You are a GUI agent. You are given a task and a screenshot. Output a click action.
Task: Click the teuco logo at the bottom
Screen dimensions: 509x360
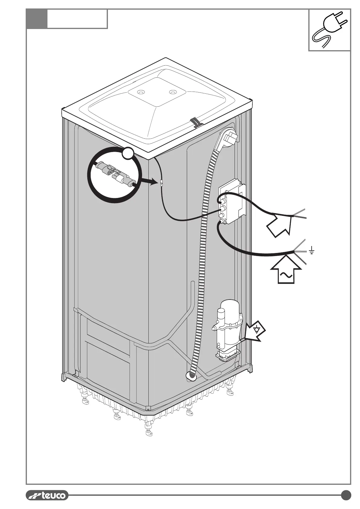[x=47, y=495]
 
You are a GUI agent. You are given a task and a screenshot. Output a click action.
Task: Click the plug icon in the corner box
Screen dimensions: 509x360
[x=330, y=30]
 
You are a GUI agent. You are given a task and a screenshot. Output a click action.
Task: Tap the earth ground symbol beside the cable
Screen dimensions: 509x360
[x=312, y=250]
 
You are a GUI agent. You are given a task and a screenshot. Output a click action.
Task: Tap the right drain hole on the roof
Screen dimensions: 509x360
[x=173, y=92]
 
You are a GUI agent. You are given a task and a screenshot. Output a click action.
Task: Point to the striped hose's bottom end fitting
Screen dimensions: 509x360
[x=191, y=376]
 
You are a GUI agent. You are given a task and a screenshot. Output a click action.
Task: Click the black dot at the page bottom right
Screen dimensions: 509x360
[x=346, y=495]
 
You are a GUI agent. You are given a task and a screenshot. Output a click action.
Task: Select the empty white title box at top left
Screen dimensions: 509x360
[x=77, y=19]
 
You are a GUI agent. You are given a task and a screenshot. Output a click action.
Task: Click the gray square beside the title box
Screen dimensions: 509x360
[x=37, y=19]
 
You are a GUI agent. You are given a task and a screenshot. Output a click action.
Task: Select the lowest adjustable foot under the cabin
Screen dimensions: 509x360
[x=148, y=433]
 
